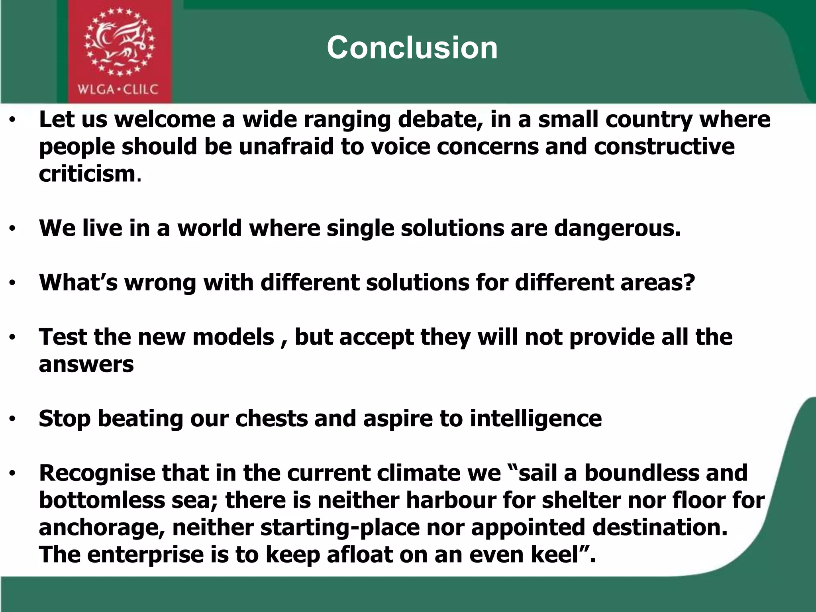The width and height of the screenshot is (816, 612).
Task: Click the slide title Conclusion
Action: [x=412, y=48]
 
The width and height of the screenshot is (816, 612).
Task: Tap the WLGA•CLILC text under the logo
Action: [x=118, y=89]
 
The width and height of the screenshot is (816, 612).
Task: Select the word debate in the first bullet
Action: [x=441, y=120]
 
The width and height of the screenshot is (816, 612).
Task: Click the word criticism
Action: [x=88, y=174]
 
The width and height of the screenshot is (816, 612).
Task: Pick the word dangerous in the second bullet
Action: [x=617, y=228]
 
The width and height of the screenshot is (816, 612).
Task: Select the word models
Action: [x=233, y=337]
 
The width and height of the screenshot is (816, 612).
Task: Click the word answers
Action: [x=86, y=364]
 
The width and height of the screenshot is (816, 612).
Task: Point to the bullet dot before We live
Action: [x=13, y=229]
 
